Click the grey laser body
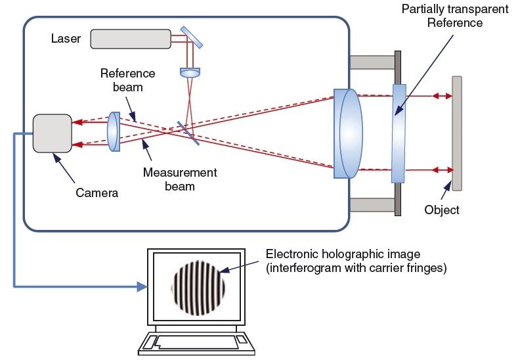pyautogui.click(x=131, y=39)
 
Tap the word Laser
pyautogui.click(x=66, y=38)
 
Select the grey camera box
pyautogui.click(x=53, y=133)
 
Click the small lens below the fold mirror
pyautogui.click(x=190, y=72)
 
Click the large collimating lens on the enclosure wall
pyautogui.click(x=348, y=133)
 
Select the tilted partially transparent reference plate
pyautogui.click(x=399, y=133)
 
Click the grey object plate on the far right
pyautogui.click(x=456, y=133)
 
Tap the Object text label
pyautogui.click(x=442, y=210)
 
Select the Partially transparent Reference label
pyautogui.click(x=454, y=16)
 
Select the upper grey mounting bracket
pyautogui.click(x=370, y=62)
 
